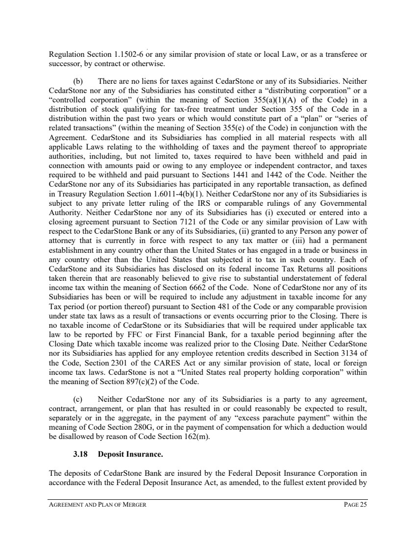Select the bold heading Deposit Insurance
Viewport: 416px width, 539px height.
[131, 454]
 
